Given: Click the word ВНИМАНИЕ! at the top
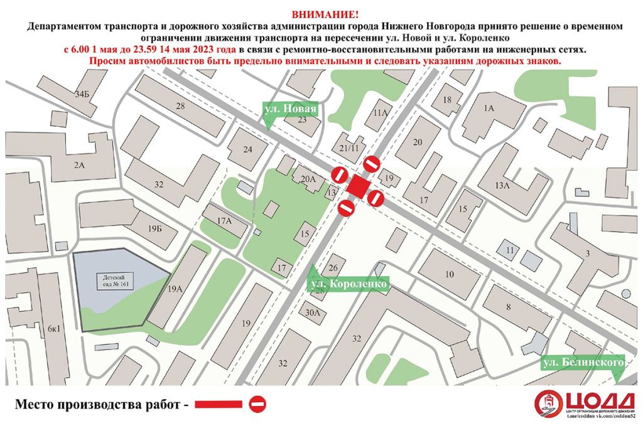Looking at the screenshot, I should click(x=321, y=14).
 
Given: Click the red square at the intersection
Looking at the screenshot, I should click(x=359, y=186).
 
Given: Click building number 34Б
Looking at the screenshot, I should click(x=82, y=95).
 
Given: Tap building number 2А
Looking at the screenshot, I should click(x=78, y=165).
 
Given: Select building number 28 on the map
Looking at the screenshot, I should click(x=181, y=105).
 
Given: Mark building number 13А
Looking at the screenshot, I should click(x=502, y=185).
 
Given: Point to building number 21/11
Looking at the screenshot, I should click(x=349, y=147).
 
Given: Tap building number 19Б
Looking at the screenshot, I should click(x=155, y=228).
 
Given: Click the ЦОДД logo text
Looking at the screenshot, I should click(x=602, y=400).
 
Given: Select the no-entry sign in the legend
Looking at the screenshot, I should click(x=257, y=404).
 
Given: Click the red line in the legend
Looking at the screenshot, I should click(x=218, y=404).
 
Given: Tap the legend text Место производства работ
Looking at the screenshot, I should click(x=100, y=404).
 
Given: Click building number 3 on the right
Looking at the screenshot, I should click(x=588, y=253).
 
